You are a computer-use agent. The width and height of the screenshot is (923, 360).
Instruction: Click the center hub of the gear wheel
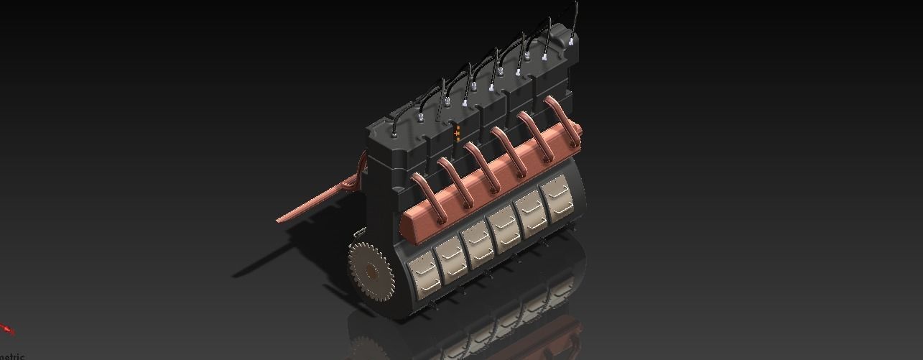(371, 272)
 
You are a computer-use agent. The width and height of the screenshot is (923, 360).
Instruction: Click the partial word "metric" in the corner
(12, 356)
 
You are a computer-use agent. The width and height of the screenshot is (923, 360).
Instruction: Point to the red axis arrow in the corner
(7, 330)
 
